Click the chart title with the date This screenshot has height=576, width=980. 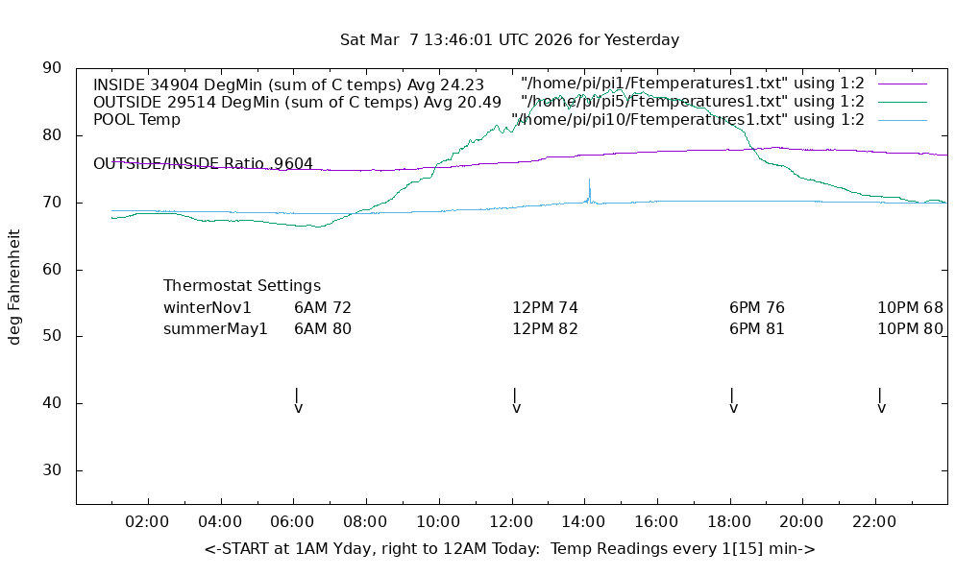509,40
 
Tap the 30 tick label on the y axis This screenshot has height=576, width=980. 52,470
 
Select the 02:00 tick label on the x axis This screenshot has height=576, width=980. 148,521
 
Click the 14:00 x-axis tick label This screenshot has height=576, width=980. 584,521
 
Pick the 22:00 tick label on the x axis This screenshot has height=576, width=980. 875,521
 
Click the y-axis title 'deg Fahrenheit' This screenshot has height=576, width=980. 14,286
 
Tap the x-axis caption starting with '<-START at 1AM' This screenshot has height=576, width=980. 509,549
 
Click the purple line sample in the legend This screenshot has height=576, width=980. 902,84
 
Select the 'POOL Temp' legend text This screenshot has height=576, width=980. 136,120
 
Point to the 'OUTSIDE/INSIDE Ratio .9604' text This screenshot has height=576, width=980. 203,164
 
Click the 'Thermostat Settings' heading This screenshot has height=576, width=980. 242,285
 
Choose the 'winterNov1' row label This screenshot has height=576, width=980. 208,308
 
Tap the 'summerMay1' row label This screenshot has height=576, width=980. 215,329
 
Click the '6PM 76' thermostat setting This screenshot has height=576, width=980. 757,308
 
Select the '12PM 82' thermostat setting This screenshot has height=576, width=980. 545,329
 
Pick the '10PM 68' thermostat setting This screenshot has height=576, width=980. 910,308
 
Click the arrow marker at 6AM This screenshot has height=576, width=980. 298,400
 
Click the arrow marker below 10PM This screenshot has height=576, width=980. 881,400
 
